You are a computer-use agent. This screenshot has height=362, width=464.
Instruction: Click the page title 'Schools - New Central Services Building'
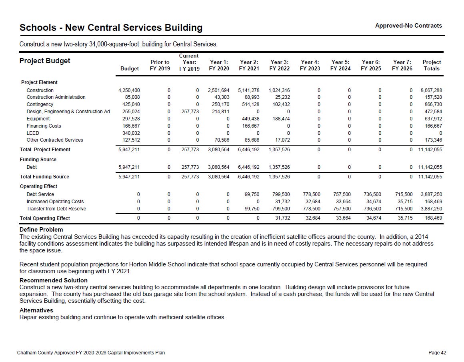pos(111,28)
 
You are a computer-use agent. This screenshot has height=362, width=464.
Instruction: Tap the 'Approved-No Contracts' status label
pos(408,26)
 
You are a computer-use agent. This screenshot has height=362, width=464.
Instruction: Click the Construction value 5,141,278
pos(249,90)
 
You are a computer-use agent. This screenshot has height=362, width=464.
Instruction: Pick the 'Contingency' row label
pos(40,104)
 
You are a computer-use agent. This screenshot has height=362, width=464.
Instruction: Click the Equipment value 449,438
pos(250,119)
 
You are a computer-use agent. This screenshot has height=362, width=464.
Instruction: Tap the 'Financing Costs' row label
pos(44,126)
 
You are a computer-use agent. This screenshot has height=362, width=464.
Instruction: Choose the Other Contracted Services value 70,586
pos(220,140)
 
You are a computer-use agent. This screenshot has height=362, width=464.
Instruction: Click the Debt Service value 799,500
pos(281,194)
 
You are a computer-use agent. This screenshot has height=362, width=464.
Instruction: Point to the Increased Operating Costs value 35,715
pos(404,202)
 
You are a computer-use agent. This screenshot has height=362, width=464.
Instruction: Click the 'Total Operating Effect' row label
pos(45,218)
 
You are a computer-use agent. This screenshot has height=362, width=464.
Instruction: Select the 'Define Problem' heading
pos(41,230)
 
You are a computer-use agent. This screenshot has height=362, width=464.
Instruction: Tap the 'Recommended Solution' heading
pos(53,280)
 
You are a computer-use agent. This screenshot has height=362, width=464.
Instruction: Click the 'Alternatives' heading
pos(36,310)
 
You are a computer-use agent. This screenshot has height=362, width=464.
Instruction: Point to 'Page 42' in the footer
pos(437,353)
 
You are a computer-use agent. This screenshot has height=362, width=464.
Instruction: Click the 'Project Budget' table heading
pos(45,61)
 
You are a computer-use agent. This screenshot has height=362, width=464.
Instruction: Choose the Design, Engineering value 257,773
pos(190,112)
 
